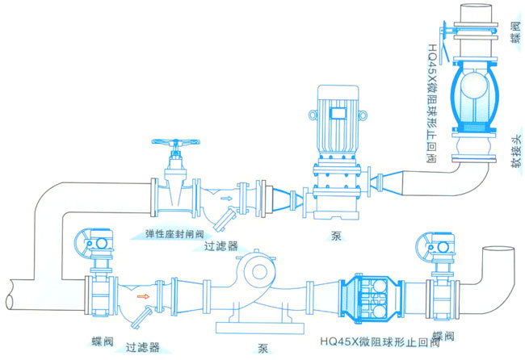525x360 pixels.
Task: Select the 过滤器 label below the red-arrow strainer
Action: (x=141, y=348)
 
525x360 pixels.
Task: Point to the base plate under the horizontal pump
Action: (x=261, y=324)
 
